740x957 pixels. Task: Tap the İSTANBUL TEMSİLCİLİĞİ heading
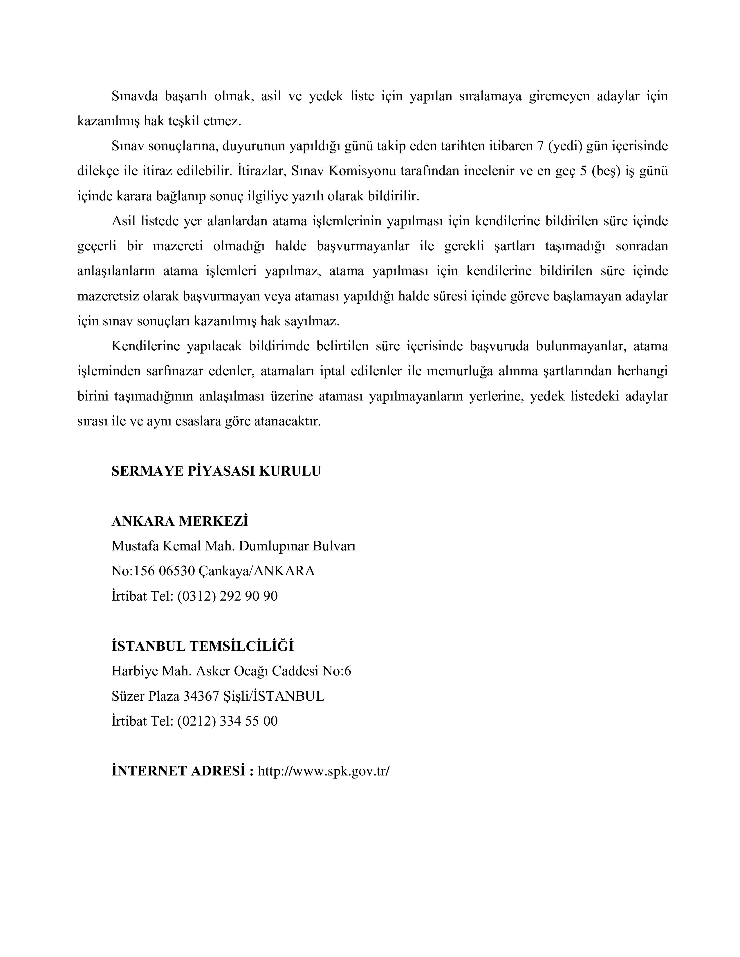click(x=203, y=646)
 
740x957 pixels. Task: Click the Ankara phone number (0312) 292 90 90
click(x=227, y=596)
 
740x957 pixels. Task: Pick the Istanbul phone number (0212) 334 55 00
click(x=227, y=721)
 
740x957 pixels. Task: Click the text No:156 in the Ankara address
click(x=130, y=571)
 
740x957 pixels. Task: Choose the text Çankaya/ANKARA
click(x=257, y=571)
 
